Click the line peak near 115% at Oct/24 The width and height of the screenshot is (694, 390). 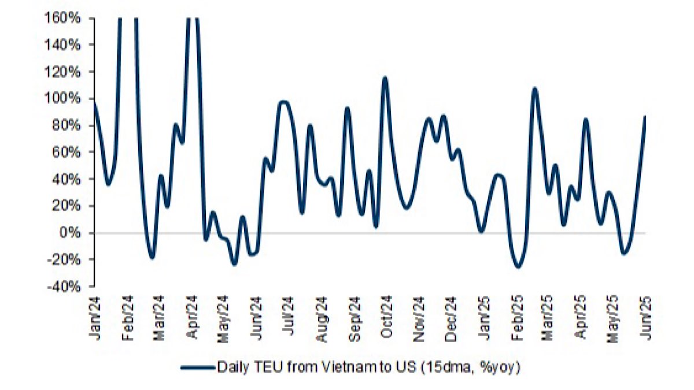(x=385, y=78)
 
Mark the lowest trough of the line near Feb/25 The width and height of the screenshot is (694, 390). (x=518, y=267)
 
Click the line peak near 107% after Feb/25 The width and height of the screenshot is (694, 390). (x=534, y=88)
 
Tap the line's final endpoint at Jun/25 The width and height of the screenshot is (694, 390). (x=645, y=117)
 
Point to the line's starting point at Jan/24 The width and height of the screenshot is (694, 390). (x=94, y=103)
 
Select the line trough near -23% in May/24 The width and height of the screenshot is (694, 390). (x=234, y=264)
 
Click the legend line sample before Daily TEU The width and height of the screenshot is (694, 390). (x=197, y=366)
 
